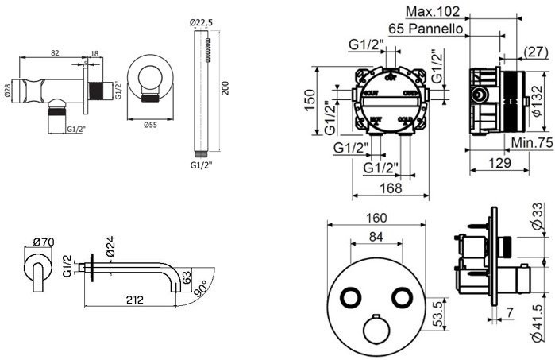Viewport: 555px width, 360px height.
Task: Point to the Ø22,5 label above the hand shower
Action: [x=201, y=22]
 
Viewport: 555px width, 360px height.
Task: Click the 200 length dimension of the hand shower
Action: [x=225, y=86]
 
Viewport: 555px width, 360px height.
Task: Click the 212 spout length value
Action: [x=133, y=300]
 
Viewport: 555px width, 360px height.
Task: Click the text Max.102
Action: [x=434, y=11]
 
